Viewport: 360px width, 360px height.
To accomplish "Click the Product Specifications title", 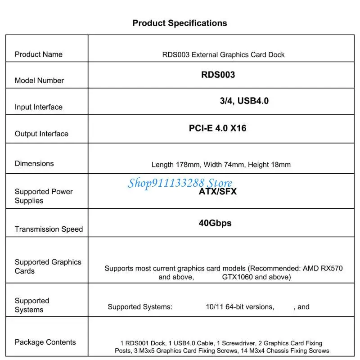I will click(180, 23).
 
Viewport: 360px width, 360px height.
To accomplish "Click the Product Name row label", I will click(39, 54).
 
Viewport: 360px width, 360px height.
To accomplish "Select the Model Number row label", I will click(39, 81).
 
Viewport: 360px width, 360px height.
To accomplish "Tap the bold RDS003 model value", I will click(218, 75).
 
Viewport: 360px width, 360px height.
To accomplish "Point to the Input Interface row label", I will click(39, 107).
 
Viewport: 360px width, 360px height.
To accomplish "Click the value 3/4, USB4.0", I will click(244, 101).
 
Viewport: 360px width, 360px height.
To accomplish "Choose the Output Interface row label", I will click(41, 134).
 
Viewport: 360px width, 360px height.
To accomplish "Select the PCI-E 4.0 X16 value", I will click(217, 128).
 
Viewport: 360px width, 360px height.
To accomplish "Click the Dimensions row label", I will click(34, 163).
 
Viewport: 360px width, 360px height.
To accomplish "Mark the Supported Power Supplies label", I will click(43, 196).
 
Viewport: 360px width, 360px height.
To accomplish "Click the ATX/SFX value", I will click(218, 192).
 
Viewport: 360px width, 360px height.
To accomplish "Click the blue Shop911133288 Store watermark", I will click(180, 183).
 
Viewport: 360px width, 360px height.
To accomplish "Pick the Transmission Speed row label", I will click(49, 229).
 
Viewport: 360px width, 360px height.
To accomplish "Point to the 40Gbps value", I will click(215, 223).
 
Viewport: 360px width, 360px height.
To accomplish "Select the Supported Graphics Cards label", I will click(48, 266).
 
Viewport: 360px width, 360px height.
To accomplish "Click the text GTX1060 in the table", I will click(238, 277).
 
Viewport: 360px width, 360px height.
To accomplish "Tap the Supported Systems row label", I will click(31, 305).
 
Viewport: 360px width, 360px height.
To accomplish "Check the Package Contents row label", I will click(45, 342).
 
